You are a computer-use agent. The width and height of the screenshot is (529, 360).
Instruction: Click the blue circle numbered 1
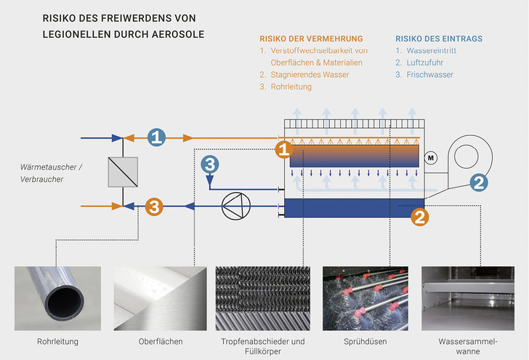click(x=158, y=136)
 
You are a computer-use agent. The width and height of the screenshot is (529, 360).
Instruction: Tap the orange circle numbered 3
click(x=154, y=207)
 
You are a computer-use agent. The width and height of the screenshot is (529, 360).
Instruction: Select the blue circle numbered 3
click(x=209, y=165)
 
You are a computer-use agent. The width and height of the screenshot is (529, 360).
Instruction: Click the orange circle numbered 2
click(x=421, y=216)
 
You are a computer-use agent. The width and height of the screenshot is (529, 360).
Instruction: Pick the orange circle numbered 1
click(x=285, y=150)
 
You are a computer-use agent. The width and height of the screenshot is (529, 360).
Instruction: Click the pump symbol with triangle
click(x=232, y=207)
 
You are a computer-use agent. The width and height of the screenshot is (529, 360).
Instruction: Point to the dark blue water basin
click(x=354, y=207)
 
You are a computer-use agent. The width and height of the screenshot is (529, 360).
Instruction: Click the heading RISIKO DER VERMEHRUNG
click(x=311, y=39)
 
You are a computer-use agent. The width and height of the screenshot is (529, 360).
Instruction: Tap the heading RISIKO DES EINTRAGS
click(x=438, y=39)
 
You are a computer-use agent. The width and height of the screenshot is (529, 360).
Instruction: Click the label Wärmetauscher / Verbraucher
click(x=51, y=173)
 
